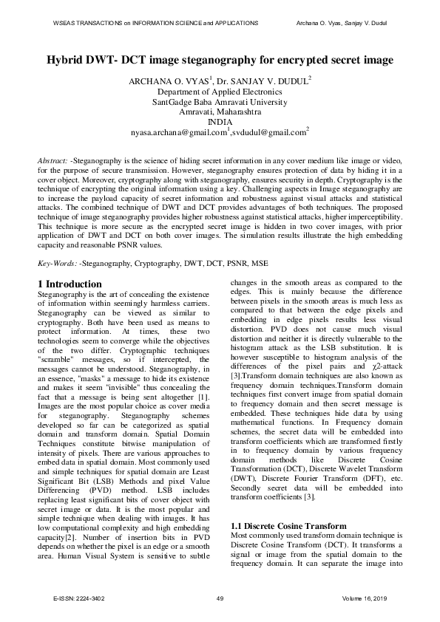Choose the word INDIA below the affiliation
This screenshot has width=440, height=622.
pyautogui.click(x=220, y=122)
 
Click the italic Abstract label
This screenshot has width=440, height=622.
pyautogui.click(x=53, y=160)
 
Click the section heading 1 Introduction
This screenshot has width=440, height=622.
pyautogui.click(x=70, y=284)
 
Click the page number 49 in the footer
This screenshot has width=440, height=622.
pyautogui.click(x=220, y=598)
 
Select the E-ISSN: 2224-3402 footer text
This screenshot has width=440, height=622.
pyautogui.click(x=74, y=598)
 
